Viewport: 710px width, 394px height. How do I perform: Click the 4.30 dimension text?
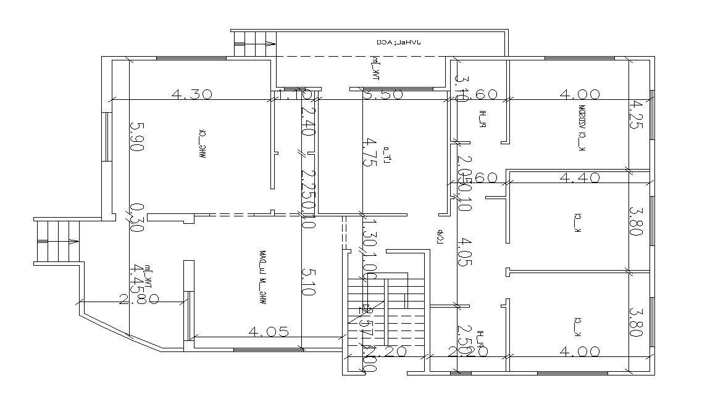[x=191, y=94]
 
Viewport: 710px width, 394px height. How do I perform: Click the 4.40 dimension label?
[x=579, y=178]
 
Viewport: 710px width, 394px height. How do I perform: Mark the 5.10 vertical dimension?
[x=308, y=281]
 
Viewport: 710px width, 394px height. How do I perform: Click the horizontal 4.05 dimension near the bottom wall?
[x=269, y=332]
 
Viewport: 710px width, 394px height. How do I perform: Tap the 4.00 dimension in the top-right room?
[x=579, y=94]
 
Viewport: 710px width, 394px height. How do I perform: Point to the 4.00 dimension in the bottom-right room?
[x=579, y=351]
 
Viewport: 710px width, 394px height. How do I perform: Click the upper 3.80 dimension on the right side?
[x=636, y=221]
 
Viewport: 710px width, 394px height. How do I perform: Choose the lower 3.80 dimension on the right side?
[x=636, y=322]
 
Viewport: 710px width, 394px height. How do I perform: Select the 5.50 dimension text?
[x=383, y=94]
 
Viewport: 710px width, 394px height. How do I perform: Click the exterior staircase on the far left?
[x=57, y=241]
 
